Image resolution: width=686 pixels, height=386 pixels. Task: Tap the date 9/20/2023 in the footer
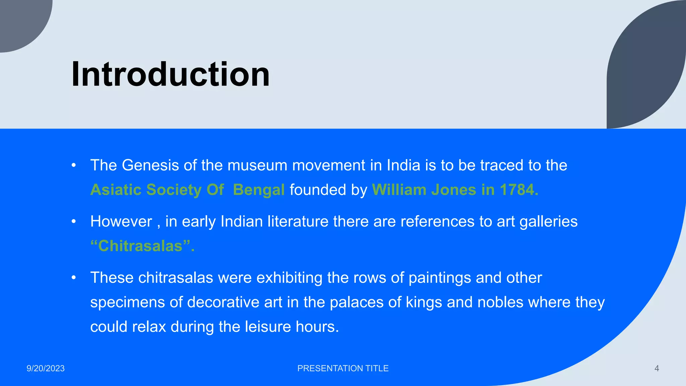point(46,369)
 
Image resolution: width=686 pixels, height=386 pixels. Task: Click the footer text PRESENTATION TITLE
point(343,369)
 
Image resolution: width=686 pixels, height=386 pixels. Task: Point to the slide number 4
point(657,369)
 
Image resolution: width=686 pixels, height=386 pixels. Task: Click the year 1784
point(519,190)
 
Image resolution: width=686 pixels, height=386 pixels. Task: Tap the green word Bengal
point(259,190)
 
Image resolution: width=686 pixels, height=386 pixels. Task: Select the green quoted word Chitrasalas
point(140,246)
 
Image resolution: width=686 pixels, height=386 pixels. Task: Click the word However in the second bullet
point(121,222)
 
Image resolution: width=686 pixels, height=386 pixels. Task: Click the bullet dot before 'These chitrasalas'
point(74,278)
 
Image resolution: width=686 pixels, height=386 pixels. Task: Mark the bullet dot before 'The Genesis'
point(74,166)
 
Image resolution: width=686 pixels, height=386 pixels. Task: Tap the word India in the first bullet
point(403,166)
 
